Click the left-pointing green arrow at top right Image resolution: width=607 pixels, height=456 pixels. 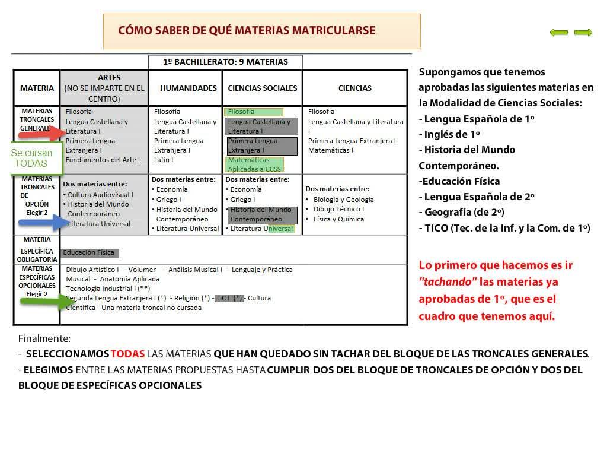tap(558, 33)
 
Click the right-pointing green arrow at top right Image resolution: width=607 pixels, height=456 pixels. tap(583, 33)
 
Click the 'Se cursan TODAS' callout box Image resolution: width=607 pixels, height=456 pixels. tap(31, 158)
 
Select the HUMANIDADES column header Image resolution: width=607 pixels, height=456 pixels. tap(189, 88)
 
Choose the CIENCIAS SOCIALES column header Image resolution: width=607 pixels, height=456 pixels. tap(263, 88)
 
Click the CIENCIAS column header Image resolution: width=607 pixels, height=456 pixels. tap(355, 88)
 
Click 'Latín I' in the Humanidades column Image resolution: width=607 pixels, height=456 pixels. tap(164, 160)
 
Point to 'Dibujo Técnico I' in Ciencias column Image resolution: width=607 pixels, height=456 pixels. tap(338, 209)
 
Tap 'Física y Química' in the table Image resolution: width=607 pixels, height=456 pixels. tap(338, 219)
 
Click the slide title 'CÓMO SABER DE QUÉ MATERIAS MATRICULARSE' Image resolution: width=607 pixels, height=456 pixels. tap(247, 30)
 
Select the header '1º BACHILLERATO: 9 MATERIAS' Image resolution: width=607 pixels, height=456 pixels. tap(225, 62)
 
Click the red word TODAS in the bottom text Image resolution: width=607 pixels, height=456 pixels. tap(127, 354)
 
